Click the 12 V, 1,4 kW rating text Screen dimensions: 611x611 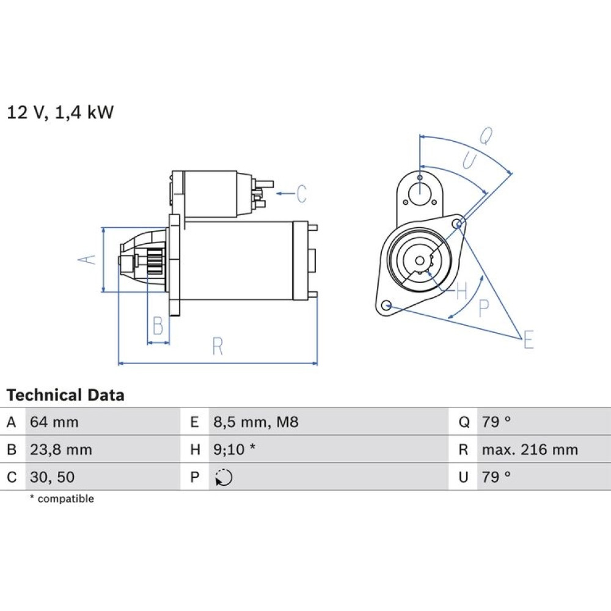pos(60,112)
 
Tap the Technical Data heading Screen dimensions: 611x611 pos(65,395)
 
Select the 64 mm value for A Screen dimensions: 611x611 pos(54,422)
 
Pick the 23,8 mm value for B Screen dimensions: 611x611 pos(60,450)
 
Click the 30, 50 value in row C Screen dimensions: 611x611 pos(52,477)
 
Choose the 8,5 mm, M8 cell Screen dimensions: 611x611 pos(255,422)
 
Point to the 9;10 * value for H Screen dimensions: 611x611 pos(234,450)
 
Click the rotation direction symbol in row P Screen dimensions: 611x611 pos(224,477)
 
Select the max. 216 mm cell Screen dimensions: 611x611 pos(530,450)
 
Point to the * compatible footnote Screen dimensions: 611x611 pos(62,499)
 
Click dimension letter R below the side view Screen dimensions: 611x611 pos(218,346)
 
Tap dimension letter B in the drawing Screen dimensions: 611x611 pos(158,326)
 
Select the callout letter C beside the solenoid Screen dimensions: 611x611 pos(301,194)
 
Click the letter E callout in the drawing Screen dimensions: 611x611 pos(529,339)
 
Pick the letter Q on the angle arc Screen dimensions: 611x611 pos(486,136)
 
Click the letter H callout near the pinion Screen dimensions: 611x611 pos(461,291)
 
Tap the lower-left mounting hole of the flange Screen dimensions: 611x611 pos(386,305)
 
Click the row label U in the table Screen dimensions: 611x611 pos(463,477)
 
